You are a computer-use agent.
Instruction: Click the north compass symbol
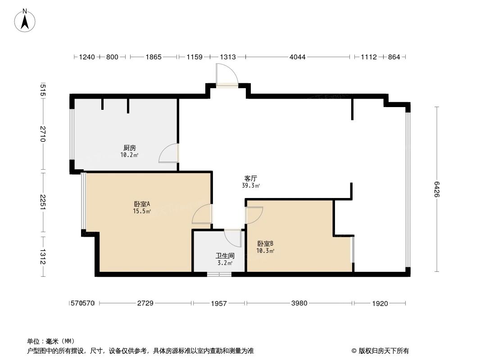(26, 20)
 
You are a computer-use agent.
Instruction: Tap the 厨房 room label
(130, 148)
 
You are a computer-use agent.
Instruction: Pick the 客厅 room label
(251, 178)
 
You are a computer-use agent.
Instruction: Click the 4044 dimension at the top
(298, 57)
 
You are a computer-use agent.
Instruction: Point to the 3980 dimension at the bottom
(299, 303)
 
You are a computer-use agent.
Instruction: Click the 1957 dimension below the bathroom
(218, 303)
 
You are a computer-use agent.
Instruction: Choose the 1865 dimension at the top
(153, 57)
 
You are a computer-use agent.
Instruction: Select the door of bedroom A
(202, 214)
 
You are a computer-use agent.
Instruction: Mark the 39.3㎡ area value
(251, 185)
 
